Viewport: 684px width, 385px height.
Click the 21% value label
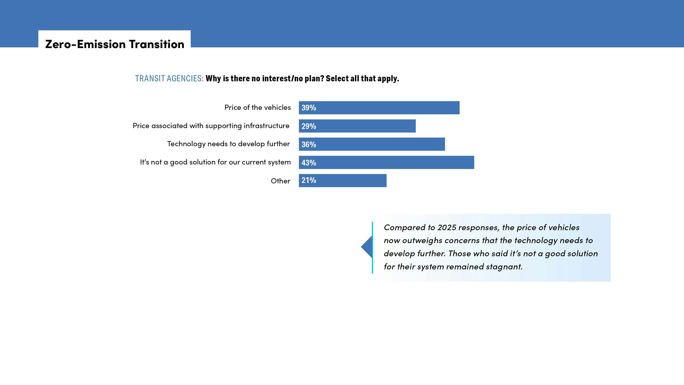[309, 180]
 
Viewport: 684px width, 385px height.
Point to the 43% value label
[309, 163]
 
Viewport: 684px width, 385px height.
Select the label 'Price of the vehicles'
[257, 107]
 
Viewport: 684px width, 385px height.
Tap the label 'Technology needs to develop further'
[228, 144]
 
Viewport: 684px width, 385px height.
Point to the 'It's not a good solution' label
[215, 162]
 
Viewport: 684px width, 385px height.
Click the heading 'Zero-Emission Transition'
[115, 44]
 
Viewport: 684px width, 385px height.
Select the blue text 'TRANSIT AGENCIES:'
[169, 78]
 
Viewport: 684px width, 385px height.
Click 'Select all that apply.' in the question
[362, 78]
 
